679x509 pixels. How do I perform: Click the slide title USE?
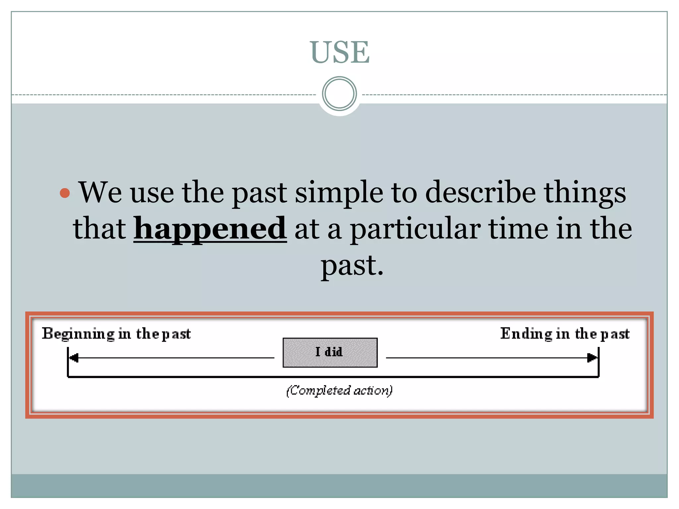(x=339, y=52)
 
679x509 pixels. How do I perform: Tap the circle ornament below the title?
(x=339, y=94)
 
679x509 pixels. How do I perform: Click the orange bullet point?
(x=65, y=193)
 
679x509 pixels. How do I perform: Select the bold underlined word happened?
(x=210, y=229)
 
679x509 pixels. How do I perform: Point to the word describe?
(x=480, y=193)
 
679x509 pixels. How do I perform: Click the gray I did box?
(x=330, y=352)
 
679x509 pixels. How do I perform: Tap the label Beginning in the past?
(x=116, y=334)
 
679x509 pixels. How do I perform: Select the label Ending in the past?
(x=565, y=334)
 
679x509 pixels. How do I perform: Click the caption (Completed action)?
(x=339, y=390)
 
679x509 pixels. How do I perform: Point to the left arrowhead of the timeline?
(x=74, y=358)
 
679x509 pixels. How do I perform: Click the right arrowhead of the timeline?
(x=592, y=358)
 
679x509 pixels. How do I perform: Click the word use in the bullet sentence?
(x=152, y=194)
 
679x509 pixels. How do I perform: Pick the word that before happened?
(x=99, y=229)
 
